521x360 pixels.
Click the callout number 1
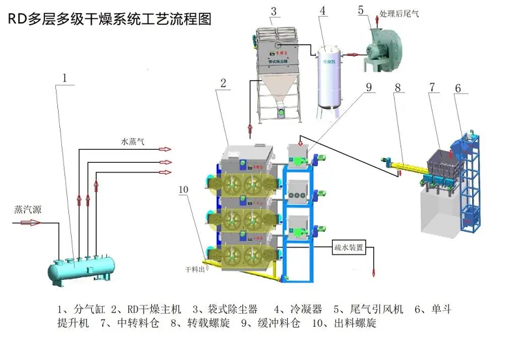tap(65, 78)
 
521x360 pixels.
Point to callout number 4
tap(322, 11)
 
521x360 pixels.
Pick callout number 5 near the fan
tap(361, 9)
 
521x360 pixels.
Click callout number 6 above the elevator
tap(458, 87)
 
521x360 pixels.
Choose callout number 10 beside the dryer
tap(183, 189)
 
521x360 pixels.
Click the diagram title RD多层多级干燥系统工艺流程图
tap(109, 20)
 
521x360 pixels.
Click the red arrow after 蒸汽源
tap(29, 223)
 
